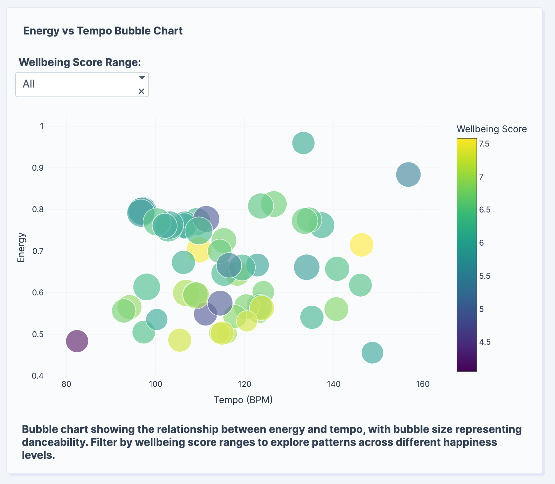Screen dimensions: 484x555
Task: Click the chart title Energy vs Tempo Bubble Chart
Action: pyautogui.click(x=103, y=31)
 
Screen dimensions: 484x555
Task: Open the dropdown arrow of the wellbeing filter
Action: pyautogui.click(x=142, y=78)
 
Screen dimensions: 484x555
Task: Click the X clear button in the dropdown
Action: pyautogui.click(x=141, y=91)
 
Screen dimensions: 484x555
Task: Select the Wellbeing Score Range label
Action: pyautogui.click(x=80, y=62)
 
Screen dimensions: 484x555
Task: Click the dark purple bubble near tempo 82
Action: pyautogui.click(x=77, y=341)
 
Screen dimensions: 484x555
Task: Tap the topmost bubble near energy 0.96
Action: pyautogui.click(x=303, y=143)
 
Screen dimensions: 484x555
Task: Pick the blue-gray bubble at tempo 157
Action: pyautogui.click(x=408, y=174)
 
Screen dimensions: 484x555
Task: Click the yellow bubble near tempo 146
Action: pyautogui.click(x=362, y=245)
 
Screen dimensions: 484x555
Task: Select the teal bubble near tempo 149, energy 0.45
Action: pyautogui.click(x=372, y=352)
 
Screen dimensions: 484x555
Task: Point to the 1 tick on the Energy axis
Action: pyautogui.click(x=42, y=126)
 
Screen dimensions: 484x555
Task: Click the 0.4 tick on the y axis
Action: pyautogui.click(x=38, y=376)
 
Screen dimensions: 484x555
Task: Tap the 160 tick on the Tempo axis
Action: pyautogui.click(x=423, y=384)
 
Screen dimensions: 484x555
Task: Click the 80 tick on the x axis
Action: pyautogui.click(x=67, y=384)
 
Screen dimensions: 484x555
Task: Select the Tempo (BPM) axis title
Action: pyautogui.click(x=243, y=400)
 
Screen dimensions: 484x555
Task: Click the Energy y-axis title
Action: pyautogui.click(x=21, y=247)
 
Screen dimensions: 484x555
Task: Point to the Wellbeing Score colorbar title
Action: pyautogui.click(x=491, y=129)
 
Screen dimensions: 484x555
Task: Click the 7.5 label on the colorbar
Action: pyautogui.click(x=484, y=144)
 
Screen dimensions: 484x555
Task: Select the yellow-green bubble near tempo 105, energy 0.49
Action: pyautogui.click(x=179, y=340)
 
